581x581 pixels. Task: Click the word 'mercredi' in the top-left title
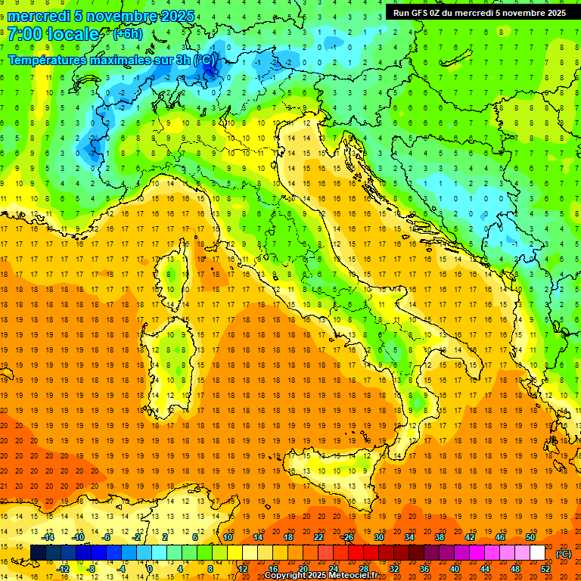coord(39,16)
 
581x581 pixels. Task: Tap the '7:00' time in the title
coord(25,35)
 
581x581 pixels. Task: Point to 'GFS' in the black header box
coord(421,13)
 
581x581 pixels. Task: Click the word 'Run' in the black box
coord(402,13)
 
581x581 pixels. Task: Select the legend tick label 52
coord(545,569)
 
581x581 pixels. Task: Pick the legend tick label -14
coord(48,536)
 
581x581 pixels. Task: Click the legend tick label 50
coord(530,536)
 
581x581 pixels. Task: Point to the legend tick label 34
coord(409,536)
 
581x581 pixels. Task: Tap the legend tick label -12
coord(64,569)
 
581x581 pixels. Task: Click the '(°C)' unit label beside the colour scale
coord(564,554)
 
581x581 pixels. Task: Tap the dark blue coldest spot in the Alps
coord(210,73)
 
